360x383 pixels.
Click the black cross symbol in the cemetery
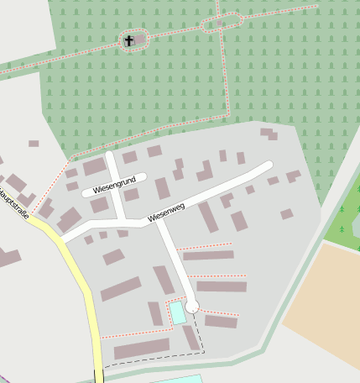(129, 40)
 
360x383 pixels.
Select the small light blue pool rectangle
(178, 313)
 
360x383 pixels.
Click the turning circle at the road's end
(193, 307)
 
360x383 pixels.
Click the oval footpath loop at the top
(222, 23)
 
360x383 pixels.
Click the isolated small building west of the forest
(34, 144)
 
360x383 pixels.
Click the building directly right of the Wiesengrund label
(162, 188)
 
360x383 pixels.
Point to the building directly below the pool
(191, 338)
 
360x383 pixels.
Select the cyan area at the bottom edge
(176, 379)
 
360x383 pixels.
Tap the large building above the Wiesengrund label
(95, 166)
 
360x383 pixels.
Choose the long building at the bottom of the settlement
(142, 348)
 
